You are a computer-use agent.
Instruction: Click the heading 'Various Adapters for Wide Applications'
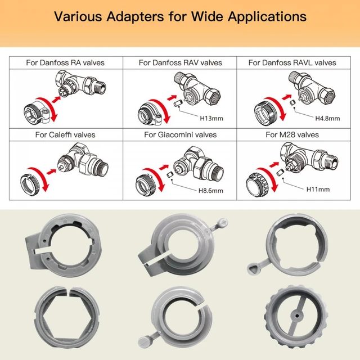[180, 16]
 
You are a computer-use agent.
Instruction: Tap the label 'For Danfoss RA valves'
[65, 62]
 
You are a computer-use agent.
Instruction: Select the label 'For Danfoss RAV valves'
[180, 62]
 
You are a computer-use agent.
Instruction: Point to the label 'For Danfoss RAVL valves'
[292, 62]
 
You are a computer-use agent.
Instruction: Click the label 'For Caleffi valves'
[65, 134]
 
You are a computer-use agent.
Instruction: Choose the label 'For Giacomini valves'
[180, 134]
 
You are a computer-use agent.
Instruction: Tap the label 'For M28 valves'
[292, 134]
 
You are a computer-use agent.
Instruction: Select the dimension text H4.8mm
[326, 119]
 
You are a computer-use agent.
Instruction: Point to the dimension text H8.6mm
[210, 191]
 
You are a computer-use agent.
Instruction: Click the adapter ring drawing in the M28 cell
[259, 181]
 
